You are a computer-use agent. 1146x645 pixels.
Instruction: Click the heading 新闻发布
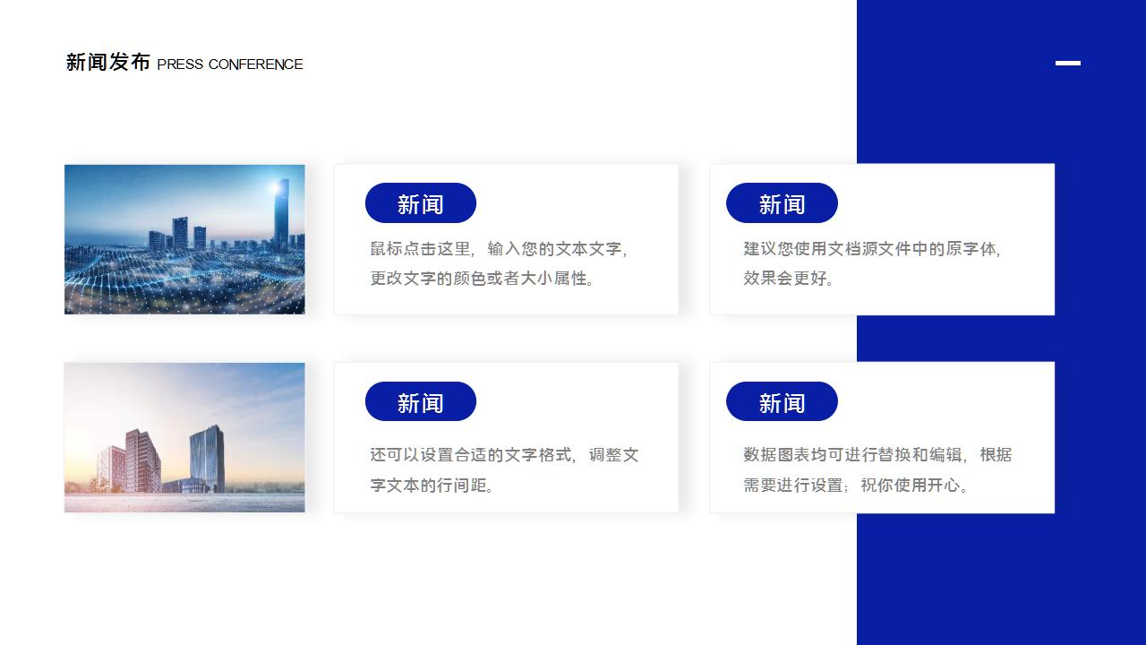pos(108,63)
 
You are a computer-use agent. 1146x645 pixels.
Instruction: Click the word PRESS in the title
pos(180,64)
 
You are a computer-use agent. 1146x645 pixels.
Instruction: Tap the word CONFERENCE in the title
pos(256,64)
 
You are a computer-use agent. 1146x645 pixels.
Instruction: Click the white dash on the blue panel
pos(1068,63)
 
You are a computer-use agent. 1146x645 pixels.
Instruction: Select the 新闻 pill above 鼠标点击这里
pos(421,203)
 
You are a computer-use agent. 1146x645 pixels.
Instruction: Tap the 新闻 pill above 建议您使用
pos(782,203)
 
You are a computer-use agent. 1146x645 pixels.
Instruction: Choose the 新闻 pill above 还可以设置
pos(421,402)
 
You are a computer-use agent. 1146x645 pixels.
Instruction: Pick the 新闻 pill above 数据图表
pos(782,402)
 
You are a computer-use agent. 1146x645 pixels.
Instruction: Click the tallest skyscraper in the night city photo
pos(281,214)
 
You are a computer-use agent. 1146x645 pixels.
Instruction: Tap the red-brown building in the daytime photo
pos(143,460)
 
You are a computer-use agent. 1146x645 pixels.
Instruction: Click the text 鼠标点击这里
pos(421,249)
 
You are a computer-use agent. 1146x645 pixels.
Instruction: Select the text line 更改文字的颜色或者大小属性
pos(482,279)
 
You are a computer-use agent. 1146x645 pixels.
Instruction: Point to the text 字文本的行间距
pos(432,486)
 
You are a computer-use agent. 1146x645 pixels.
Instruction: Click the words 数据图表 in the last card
pos(776,455)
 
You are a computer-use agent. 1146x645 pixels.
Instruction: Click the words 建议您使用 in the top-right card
pos(785,249)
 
